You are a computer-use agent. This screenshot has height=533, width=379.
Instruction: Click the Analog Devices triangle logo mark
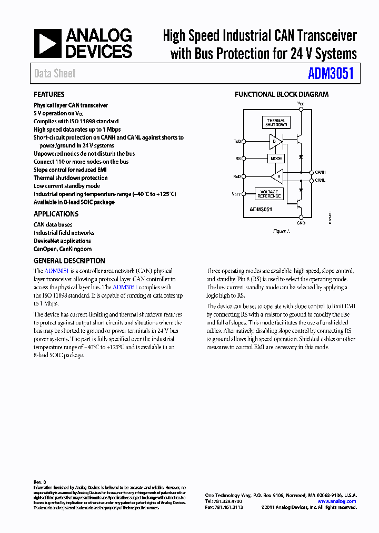click(47, 43)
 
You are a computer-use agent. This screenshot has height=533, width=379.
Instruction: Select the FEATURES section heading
click(49, 94)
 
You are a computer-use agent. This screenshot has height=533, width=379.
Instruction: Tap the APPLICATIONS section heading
click(56, 214)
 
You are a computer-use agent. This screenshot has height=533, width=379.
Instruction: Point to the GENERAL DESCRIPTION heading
click(69, 261)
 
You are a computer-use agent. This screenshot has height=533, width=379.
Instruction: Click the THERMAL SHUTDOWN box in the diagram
click(276, 123)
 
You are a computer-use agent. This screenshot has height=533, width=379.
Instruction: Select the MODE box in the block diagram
click(276, 159)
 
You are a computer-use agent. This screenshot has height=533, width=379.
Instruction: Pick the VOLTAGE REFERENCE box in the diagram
click(268, 194)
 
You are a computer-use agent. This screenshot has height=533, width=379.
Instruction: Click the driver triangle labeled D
click(275, 141)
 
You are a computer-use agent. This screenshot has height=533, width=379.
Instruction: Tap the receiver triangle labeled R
click(277, 176)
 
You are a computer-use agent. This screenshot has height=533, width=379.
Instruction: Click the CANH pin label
click(320, 172)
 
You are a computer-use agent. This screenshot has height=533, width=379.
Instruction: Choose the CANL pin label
click(320, 180)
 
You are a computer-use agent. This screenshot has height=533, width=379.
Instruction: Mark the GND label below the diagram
click(301, 223)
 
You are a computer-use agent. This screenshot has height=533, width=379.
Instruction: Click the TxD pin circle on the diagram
click(243, 141)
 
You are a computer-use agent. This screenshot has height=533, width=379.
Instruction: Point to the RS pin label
click(237, 159)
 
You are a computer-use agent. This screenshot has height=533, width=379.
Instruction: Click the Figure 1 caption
click(281, 231)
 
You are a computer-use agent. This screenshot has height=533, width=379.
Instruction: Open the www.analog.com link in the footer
click(340, 501)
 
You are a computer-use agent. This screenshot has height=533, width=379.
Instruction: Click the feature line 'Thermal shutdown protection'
click(71, 178)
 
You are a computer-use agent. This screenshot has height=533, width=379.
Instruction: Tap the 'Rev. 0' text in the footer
click(40, 482)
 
